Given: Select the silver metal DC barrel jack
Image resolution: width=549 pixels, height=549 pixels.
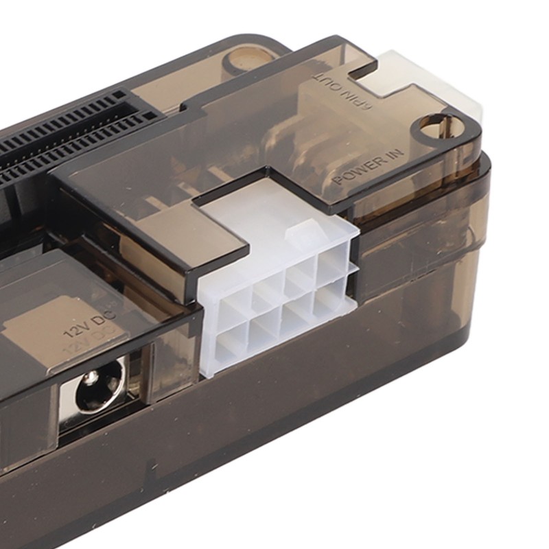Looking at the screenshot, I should [96, 395].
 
